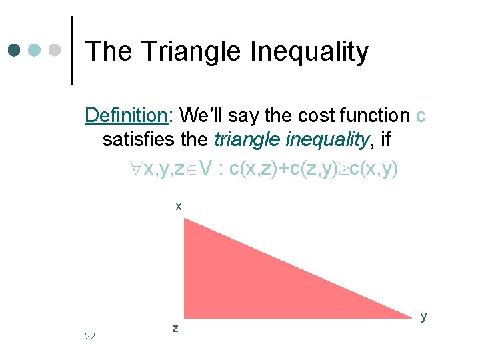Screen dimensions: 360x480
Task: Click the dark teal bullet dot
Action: coord(15,51)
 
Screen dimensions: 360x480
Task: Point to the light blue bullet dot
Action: coord(35,51)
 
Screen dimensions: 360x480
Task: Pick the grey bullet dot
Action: coord(55,51)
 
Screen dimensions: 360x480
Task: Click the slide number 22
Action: coord(90,336)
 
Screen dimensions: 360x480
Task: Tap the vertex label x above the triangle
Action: coord(178,207)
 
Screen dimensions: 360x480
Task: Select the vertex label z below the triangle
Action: coord(175,328)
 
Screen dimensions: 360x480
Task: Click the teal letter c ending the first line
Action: coord(420,115)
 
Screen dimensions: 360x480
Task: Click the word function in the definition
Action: coord(373,115)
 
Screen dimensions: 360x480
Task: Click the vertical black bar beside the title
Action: coord(73,51)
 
